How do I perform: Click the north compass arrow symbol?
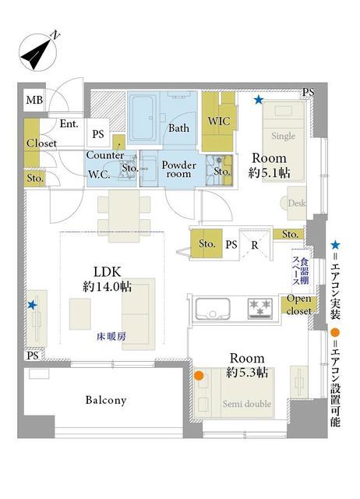point(37,52)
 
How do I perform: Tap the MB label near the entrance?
point(34,101)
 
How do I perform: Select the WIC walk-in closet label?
point(219,121)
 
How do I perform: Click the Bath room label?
point(178,128)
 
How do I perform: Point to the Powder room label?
point(178,169)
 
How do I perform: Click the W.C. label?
point(99,175)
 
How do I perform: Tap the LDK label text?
point(108,272)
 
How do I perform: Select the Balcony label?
point(106,400)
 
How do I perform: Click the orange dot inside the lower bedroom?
point(199,376)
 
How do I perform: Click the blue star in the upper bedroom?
point(259,101)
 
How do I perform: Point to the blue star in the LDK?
point(32,305)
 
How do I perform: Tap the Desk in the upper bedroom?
point(297,203)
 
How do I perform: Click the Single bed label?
point(283,136)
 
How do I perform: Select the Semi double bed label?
point(247,404)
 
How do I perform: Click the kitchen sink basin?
point(213,309)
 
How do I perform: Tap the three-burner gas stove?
point(260,308)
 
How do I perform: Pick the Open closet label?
point(298,305)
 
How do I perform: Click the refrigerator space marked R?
point(255,244)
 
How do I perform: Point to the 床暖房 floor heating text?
point(111,336)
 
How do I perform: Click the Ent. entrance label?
point(69,123)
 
